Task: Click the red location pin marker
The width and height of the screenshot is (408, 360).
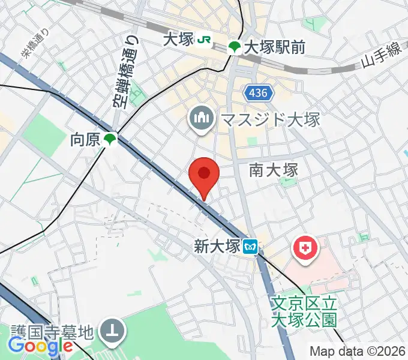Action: [204, 175]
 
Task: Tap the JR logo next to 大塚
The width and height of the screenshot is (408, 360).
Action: [205, 40]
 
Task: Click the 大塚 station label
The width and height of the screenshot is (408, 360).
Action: [178, 40]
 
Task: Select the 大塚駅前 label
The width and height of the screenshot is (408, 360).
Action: [274, 47]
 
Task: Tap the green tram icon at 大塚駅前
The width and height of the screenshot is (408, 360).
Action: [235, 47]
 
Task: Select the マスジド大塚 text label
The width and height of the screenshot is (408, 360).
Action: [270, 119]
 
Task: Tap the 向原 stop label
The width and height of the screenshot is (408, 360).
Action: [84, 140]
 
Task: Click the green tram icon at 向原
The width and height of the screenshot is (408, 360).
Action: [109, 140]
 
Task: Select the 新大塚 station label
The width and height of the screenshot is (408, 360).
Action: [217, 246]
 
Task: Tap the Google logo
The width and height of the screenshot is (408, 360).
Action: [40, 346]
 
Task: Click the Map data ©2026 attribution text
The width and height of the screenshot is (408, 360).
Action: [357, 350]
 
